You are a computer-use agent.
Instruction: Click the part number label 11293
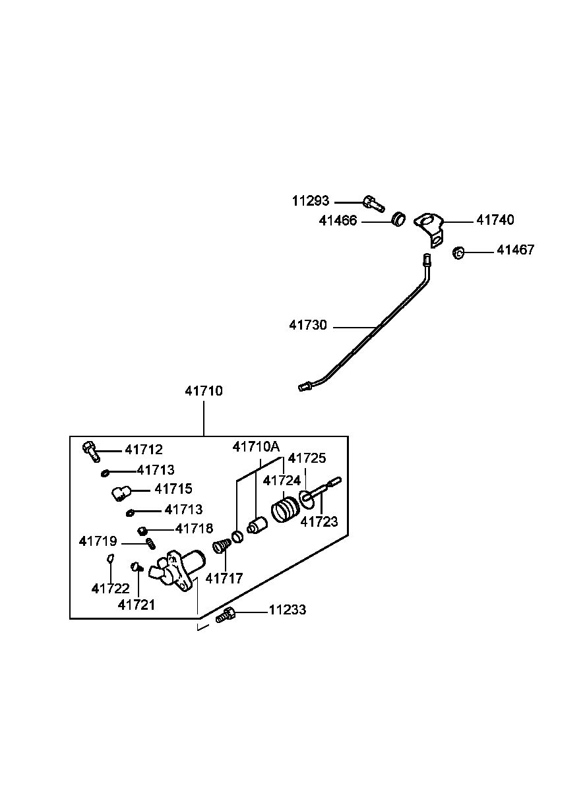coord(311,201)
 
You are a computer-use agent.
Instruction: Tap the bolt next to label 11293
coord(374,203)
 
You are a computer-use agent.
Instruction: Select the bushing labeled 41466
coord(399,219)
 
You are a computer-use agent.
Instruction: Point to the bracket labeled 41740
coord(429,228)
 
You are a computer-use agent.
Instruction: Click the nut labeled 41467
coord(458,252)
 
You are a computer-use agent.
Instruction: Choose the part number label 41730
coord(308,325)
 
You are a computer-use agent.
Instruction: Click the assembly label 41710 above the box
coord(204,391)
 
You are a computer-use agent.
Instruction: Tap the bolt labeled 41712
coord(92,451)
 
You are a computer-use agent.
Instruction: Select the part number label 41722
coord(110,589)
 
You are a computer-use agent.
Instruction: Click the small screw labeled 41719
coord(151,544)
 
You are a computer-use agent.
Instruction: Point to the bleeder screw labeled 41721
coord(137,566)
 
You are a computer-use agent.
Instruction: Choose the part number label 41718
coord(194,528)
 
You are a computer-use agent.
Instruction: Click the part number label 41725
coord(307,458)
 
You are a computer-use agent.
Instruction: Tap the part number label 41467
coord(515,250)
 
